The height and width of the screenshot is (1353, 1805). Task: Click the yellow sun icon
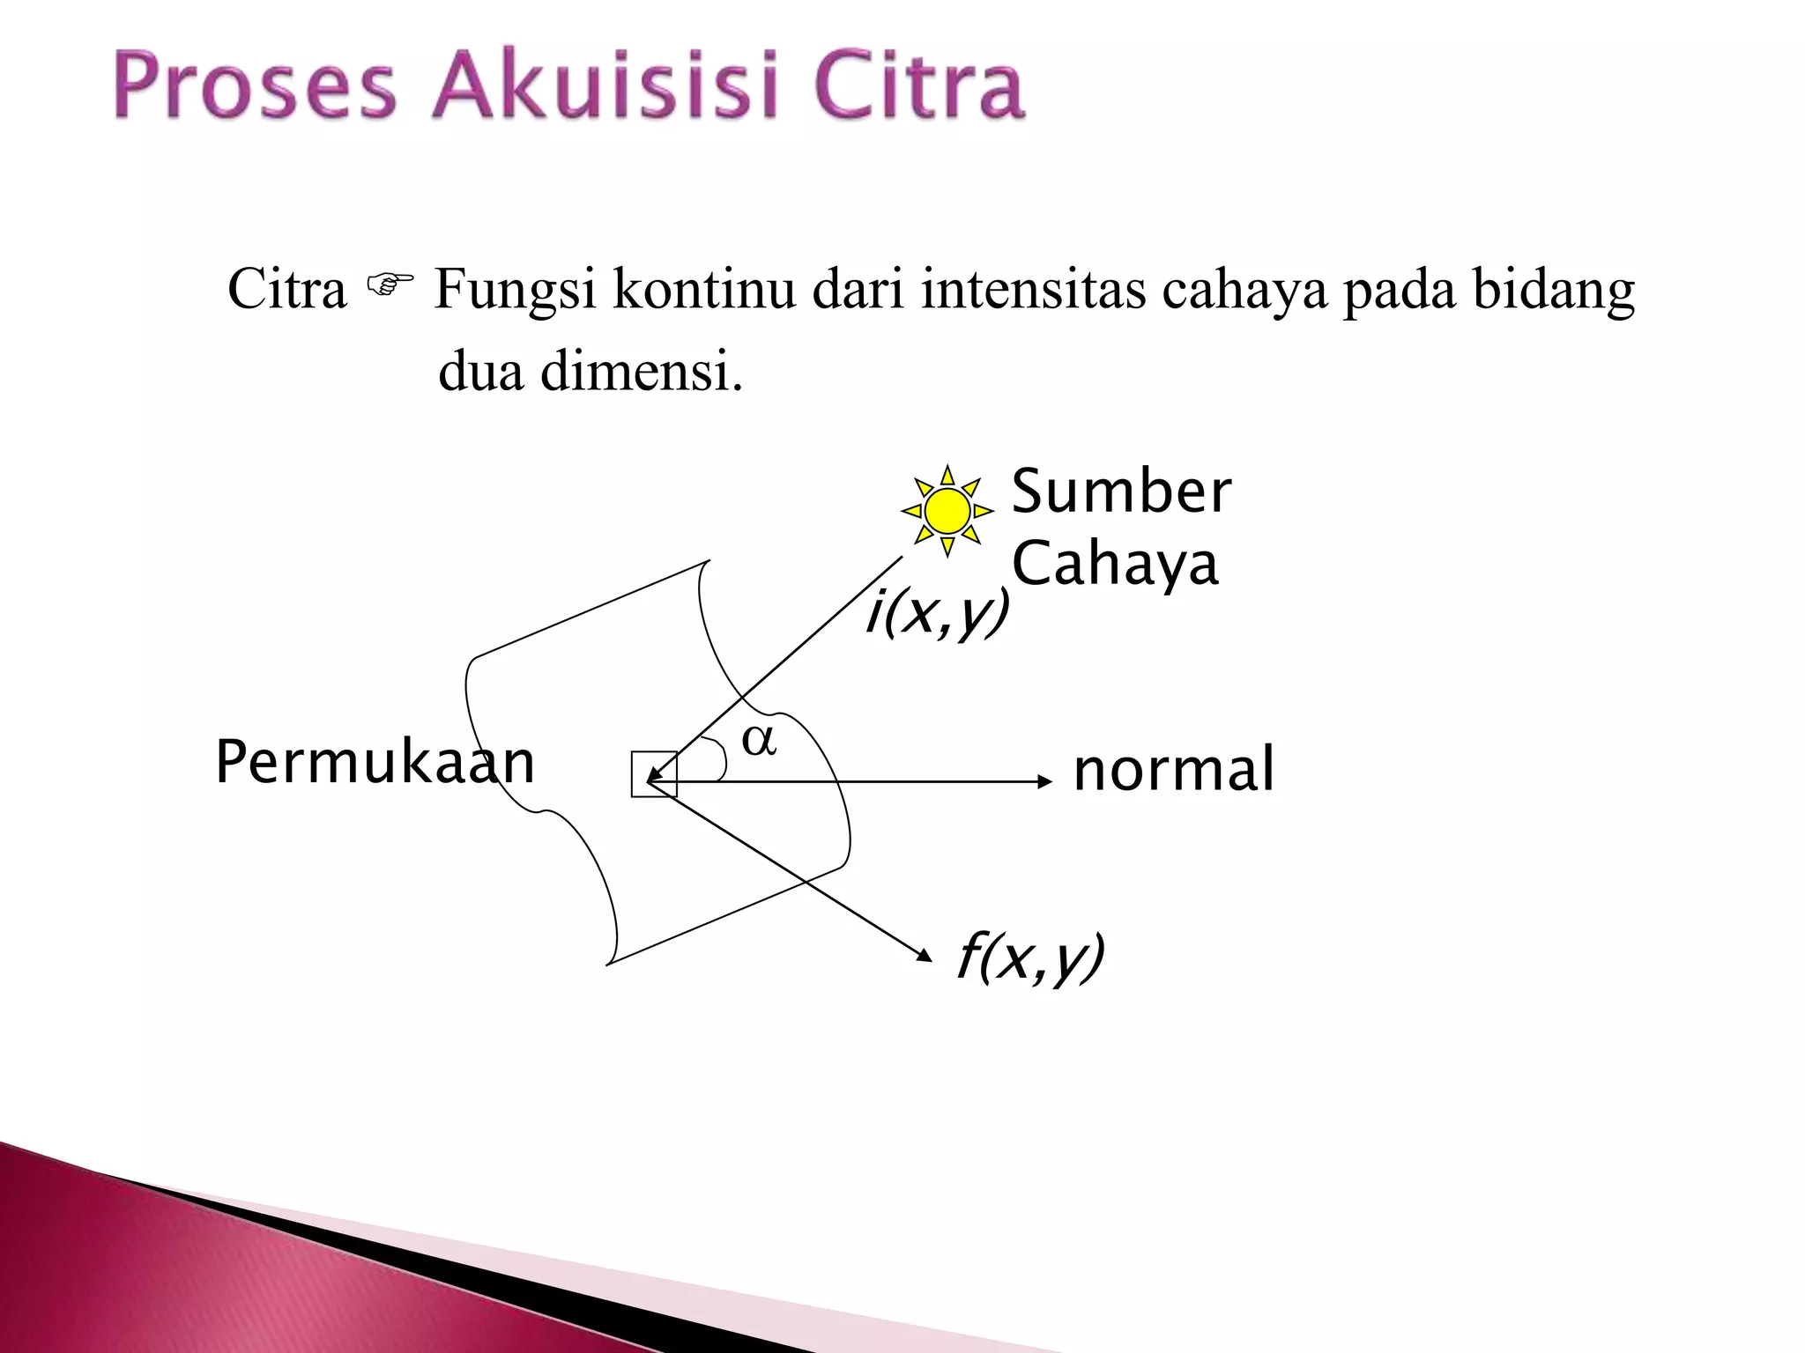click(x=947, y=511)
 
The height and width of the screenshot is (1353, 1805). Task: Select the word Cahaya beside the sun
click(x=1115, y=564)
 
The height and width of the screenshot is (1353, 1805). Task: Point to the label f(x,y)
click(x=1030, y=957)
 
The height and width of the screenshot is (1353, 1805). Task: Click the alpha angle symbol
click(x=759, y=740)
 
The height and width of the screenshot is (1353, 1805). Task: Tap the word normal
click(x=1173, y=769)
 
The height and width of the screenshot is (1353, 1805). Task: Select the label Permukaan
click(x=375, y=762)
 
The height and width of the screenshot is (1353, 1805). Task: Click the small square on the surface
click(x=654, y=774)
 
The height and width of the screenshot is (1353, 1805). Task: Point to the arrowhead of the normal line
click(x=1046, y=781)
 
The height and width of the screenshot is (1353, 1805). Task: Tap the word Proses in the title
click(x=256, y=86)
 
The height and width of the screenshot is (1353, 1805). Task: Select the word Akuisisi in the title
click(x=605, y=86)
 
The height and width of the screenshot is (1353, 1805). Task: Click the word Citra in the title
click(x=918, y=86)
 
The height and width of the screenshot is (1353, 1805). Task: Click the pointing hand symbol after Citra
click(x=390, y=285)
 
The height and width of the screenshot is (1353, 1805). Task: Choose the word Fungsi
click(x=516, y=290)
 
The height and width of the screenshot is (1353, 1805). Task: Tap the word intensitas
click(x=1033, y=288)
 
